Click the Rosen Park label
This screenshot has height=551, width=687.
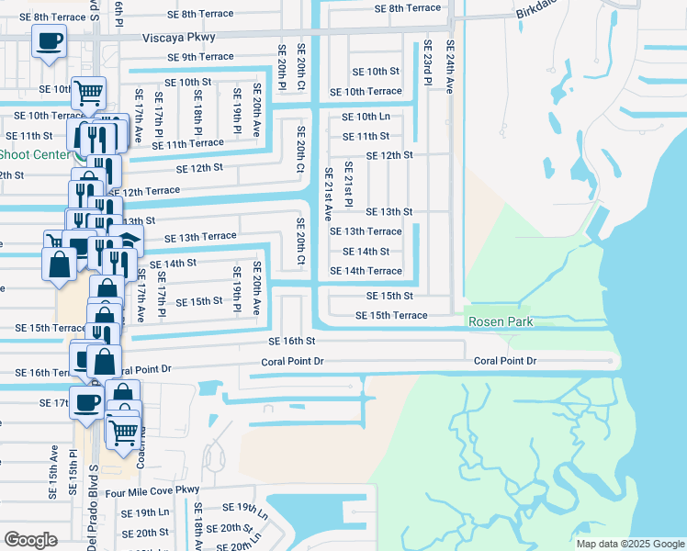[501, 322]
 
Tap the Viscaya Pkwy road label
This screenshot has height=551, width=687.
[179, 39]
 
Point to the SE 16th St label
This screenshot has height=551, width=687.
[291, 341]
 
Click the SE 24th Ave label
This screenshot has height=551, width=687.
[450, 67]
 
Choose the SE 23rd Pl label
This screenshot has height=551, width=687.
[427, 63]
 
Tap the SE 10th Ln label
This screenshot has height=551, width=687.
[366, 117]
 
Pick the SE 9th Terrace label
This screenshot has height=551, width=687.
[200, 57]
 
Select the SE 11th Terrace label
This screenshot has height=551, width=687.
[187, 144]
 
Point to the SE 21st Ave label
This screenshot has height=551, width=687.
[328, 195]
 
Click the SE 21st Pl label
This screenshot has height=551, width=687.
[349, 186]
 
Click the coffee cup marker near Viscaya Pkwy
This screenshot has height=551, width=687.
[48, 40]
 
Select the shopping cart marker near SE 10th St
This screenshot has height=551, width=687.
[88, 92]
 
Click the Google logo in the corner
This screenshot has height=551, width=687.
[31, 540]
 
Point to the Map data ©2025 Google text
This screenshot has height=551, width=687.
[629, 544]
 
